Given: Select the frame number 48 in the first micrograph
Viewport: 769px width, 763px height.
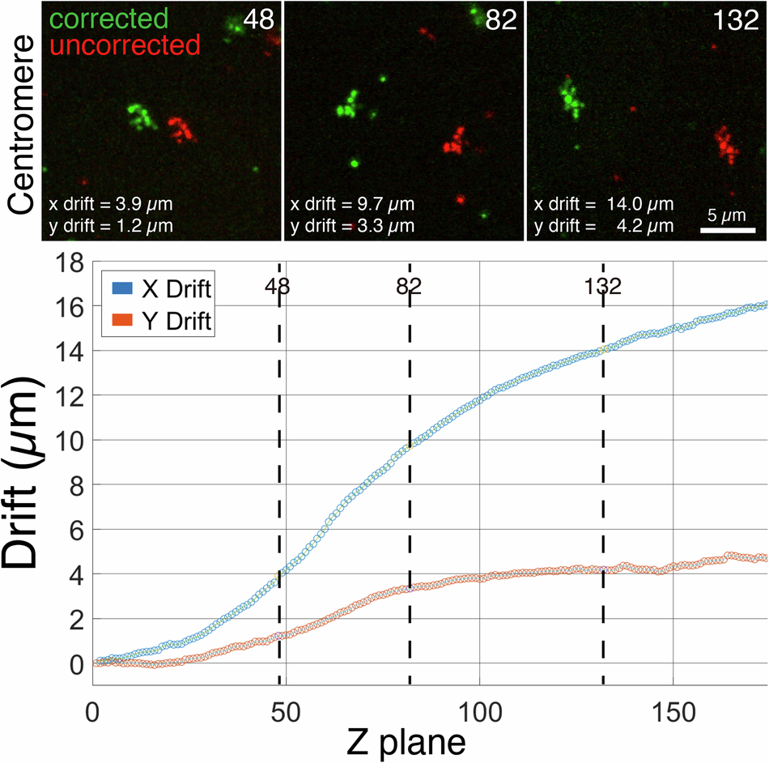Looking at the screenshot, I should coord(259,20).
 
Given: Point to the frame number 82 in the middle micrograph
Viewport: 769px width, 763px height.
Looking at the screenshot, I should coord(500,20).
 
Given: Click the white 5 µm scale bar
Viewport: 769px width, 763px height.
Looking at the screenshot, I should coord(728,229).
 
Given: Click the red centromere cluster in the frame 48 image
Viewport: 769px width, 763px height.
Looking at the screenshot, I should coord(182,129).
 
